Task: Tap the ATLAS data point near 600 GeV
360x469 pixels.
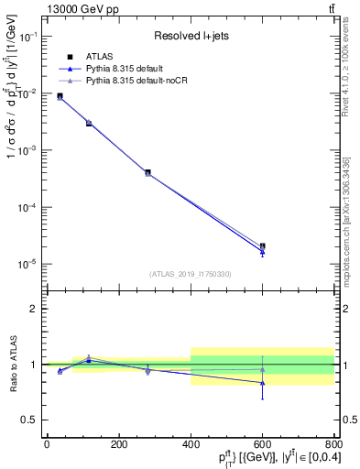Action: tap(263, 246)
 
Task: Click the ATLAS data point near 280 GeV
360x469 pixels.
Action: tap(147, 172)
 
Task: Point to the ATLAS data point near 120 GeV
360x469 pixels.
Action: tap(89, 123)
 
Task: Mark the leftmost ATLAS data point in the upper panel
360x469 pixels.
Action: tap(60, 96)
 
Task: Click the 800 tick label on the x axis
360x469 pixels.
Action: tap(333, 444)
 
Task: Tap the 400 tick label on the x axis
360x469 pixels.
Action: tap(191, 444)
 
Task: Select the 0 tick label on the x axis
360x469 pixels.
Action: tap(47, 444)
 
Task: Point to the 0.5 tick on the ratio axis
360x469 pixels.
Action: tap(30, 420)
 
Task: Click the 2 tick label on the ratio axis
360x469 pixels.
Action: tap(34, 309)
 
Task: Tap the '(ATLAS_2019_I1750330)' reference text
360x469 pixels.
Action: tap(191, 274)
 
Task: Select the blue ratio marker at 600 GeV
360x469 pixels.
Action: tap(263, 383)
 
